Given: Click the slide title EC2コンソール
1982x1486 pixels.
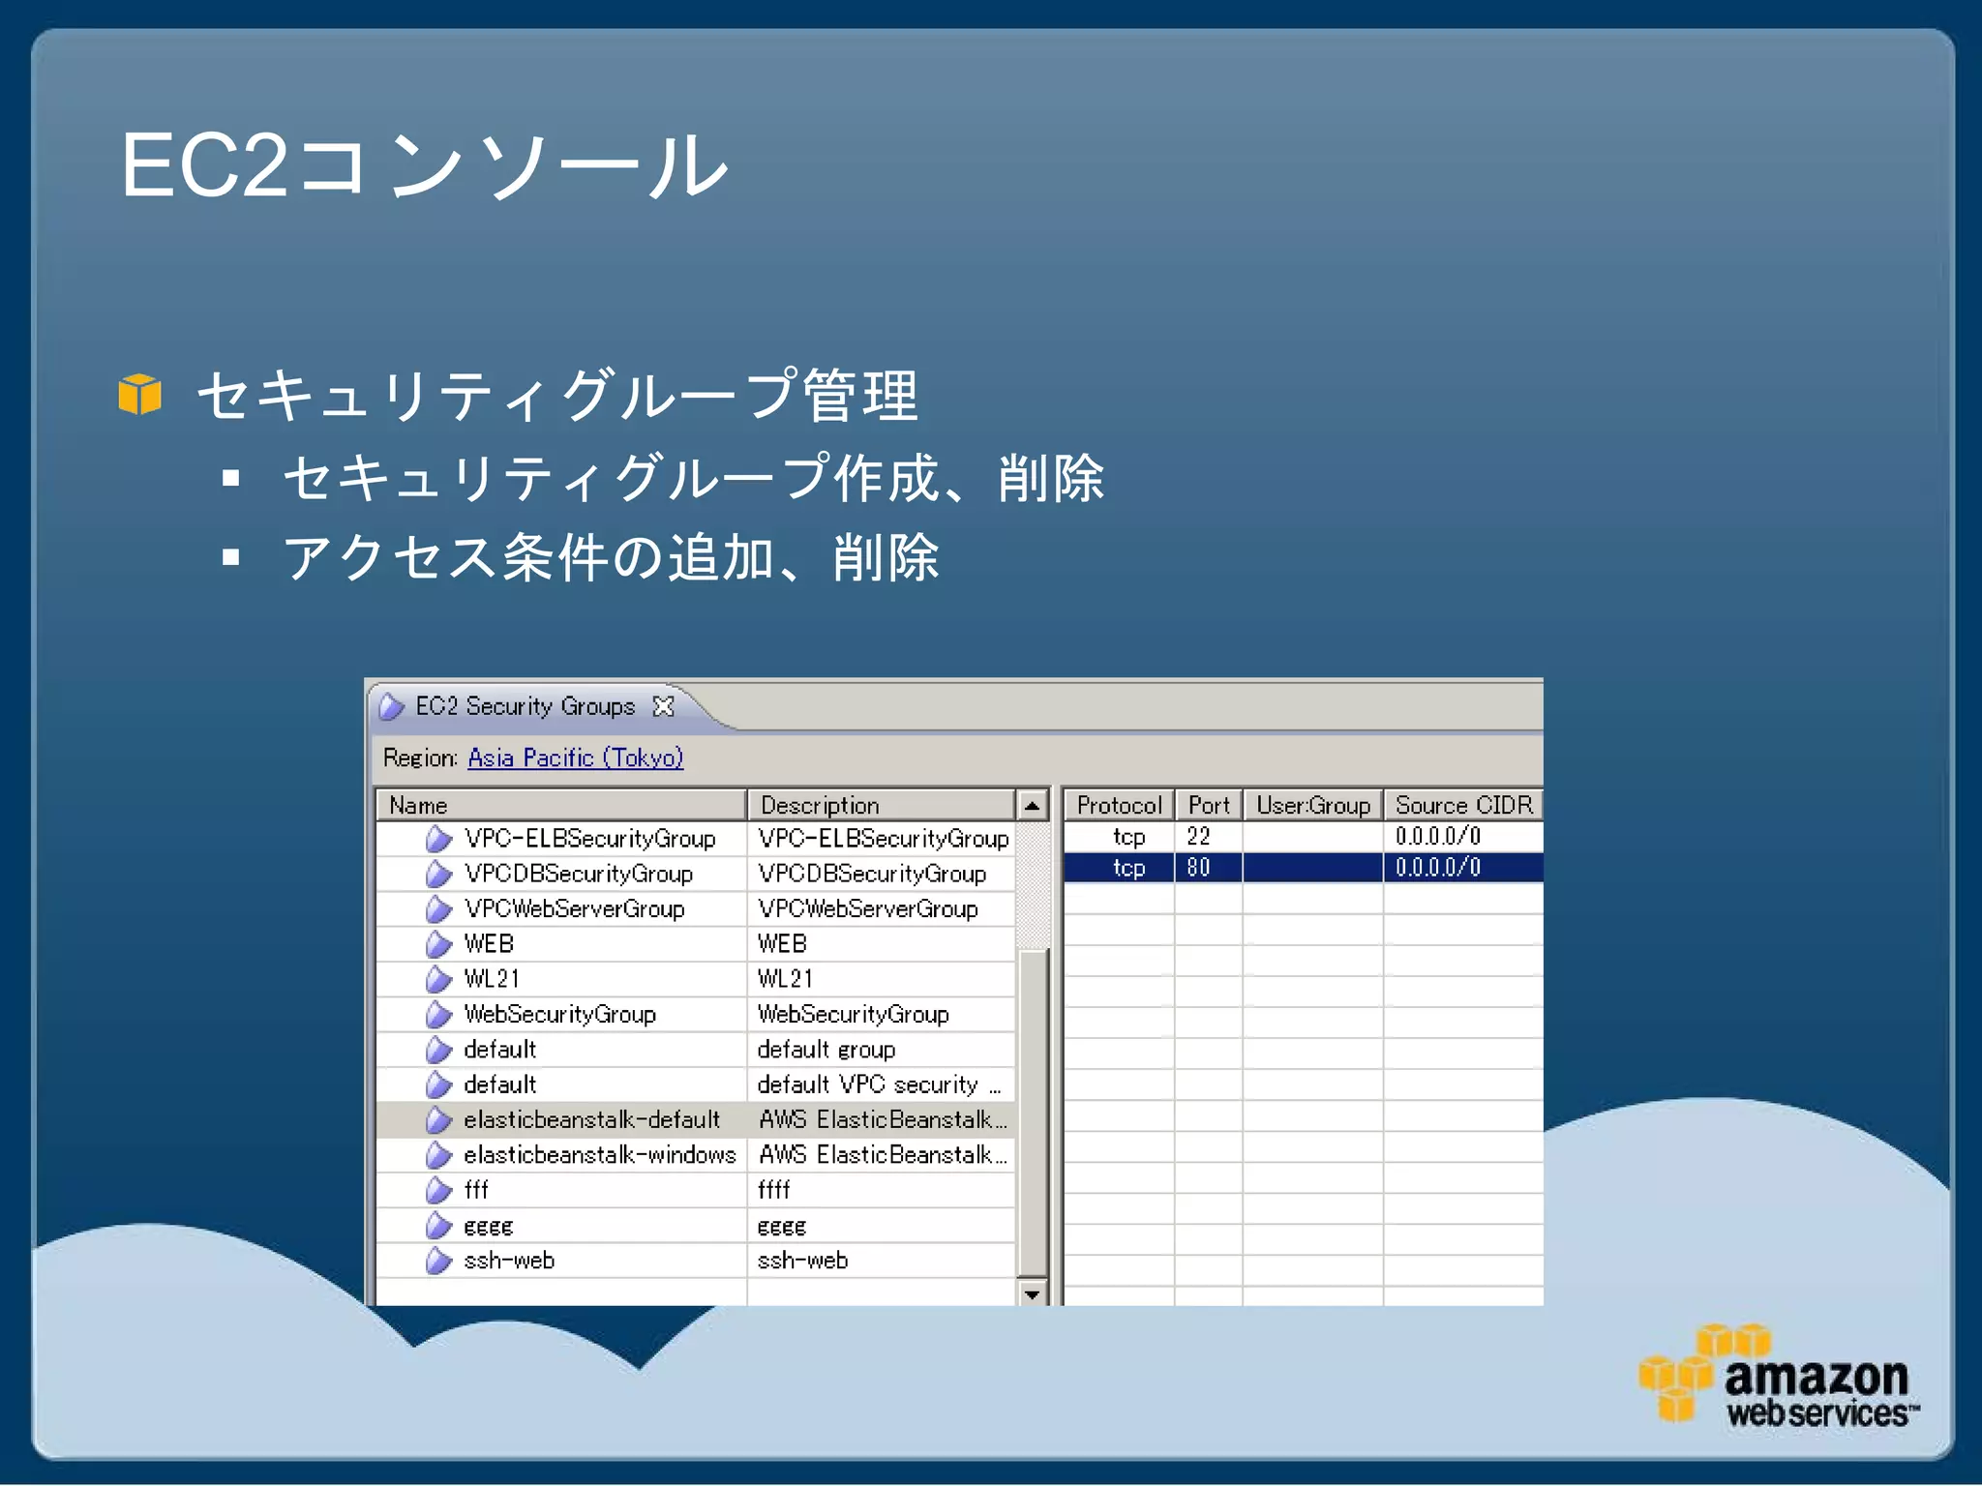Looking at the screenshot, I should (x=424, y=166).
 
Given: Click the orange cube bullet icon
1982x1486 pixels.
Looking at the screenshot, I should (x=139, y=395).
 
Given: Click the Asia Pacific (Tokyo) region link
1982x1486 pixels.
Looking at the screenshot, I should (x=575, y=758).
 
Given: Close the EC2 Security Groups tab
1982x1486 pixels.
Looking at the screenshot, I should (x=663, y=706).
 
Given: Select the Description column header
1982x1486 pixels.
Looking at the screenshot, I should (x=820, y=805).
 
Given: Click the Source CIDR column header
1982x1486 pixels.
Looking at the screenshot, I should (x=1463, y=805).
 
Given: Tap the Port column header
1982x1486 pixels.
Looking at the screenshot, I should (x=1208, y=805).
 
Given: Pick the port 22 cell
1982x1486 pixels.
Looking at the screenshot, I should (x=1199, y=836).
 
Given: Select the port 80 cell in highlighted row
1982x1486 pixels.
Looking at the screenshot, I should (x=1199, y=867).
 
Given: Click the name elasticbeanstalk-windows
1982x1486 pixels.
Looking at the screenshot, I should (x=599, y=1154).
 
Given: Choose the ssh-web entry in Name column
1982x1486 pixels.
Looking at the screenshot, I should (x=509, y=1261).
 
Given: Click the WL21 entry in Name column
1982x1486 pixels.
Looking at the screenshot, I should (x=492, y=978).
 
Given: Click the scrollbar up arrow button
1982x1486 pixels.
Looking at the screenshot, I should (x=1033, y=805).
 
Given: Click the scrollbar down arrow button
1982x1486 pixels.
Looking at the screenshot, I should (x=1033, y=1293).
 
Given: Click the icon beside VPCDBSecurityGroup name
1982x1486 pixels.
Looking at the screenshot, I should (x=438, y=874).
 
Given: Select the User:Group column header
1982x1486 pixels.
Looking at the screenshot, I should (x=1312, y=805).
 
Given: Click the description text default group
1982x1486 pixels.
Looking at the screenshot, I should (x=826, y=1050).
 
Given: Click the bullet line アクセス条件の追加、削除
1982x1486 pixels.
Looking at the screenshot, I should (x=610, y=558).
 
